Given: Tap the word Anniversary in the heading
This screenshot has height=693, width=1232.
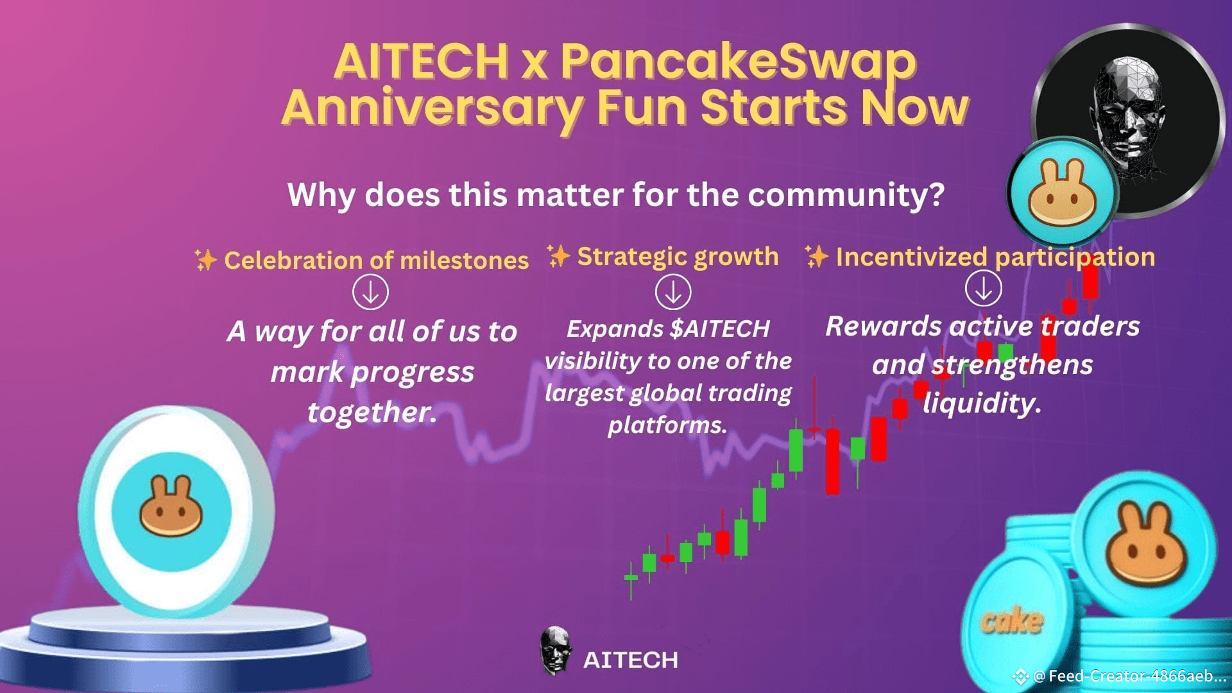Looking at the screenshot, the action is coord(432,108).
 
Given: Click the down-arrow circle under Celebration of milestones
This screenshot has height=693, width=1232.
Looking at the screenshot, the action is coord(370,292).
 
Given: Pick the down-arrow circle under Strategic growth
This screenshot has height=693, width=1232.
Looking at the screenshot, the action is coord(673,292).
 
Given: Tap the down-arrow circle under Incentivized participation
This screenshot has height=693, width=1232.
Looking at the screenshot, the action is coord(983,289).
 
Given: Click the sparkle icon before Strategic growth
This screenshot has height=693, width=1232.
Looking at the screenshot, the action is coord(558,255).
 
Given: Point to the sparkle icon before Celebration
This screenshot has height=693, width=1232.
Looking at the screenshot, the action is coord(205,260).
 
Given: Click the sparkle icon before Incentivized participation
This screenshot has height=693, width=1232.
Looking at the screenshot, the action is coord(816,257).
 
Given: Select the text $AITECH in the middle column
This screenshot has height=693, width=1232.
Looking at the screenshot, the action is coord(719,329).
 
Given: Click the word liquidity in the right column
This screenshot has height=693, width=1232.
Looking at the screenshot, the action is coord(981,404).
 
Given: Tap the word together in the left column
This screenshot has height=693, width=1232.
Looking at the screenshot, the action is coord(372,412).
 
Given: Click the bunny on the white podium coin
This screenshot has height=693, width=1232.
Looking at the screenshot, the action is coord(171,507).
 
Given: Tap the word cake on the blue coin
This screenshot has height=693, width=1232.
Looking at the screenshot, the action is coord(1012,621).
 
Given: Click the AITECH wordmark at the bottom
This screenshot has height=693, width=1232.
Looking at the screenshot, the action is coord(630,660).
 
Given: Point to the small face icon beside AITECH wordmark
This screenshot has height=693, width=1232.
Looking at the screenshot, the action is coord(555,651).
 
